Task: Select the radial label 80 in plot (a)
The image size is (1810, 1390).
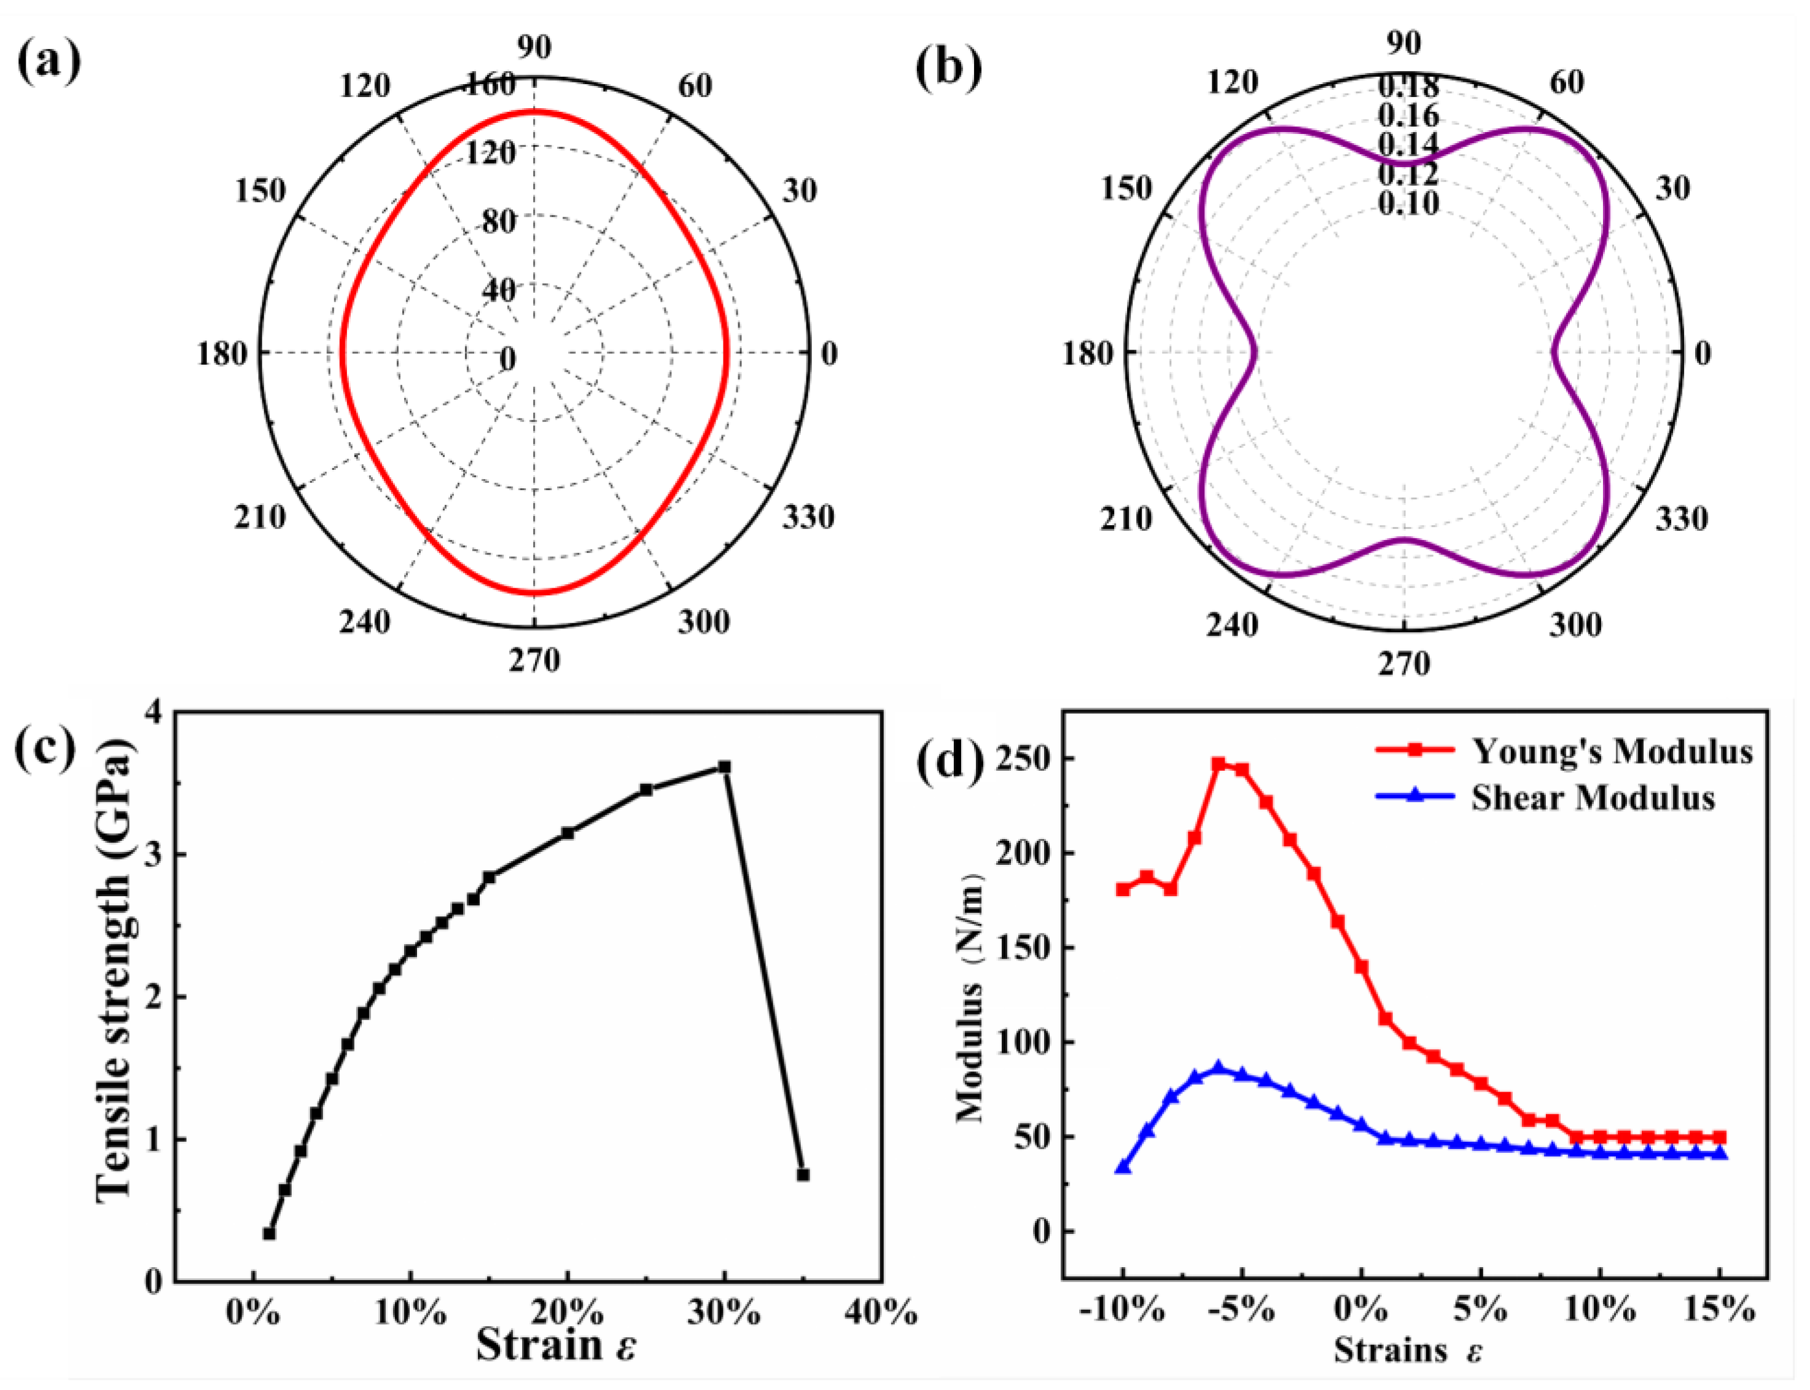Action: point(499,222)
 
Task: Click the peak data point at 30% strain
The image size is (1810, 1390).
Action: point(724,767)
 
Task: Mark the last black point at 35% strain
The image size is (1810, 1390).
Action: point(802,1175)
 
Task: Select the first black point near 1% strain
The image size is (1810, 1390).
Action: point(269,1233)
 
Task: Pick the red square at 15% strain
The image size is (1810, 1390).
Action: point(1720,1137)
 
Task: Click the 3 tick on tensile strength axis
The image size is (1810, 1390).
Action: point(155,854)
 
